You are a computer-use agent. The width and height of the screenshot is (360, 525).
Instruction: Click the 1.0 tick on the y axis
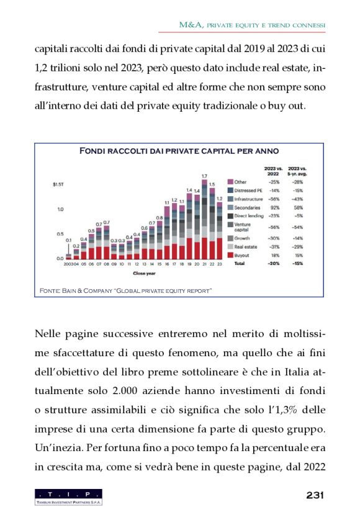60,210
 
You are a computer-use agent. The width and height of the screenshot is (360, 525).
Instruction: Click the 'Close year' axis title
143,272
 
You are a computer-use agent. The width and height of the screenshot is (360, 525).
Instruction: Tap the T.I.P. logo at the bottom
69,496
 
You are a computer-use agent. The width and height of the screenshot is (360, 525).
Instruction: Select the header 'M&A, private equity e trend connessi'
252,25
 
